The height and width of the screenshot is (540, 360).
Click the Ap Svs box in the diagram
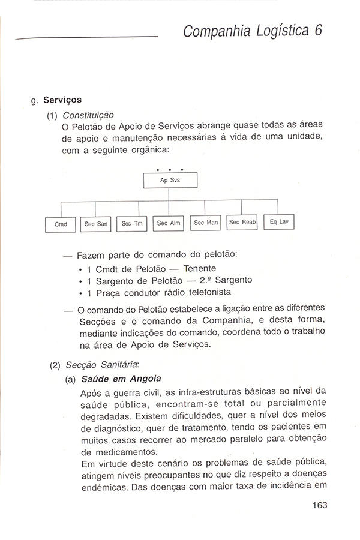(x=170, y=180)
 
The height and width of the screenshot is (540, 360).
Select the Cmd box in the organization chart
(x=61, y=224)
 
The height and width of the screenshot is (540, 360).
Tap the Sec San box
(x=96, y=223)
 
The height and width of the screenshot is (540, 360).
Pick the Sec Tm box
(x=131, y=223)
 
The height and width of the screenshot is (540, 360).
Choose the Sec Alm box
(x=169, y=223)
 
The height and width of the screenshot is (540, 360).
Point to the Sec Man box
(x=205, y=222)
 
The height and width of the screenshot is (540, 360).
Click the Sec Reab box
(x=242, y=221)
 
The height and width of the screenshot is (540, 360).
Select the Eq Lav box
(x=279, y=221)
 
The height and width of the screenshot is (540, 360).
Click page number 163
(x=319, y=505)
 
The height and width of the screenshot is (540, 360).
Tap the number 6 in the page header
(x=317, y=30)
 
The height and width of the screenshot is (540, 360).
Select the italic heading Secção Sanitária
(x=104, y=364)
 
